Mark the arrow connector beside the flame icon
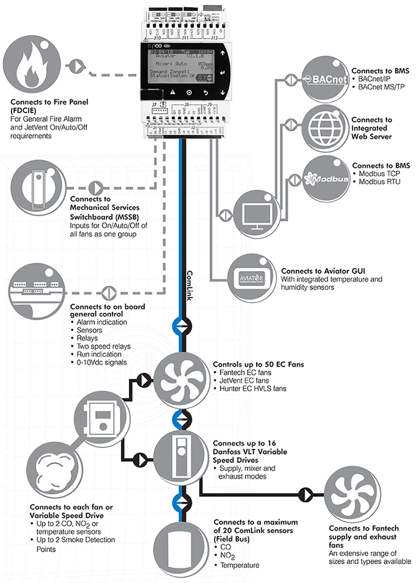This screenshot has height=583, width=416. pos(73,65)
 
